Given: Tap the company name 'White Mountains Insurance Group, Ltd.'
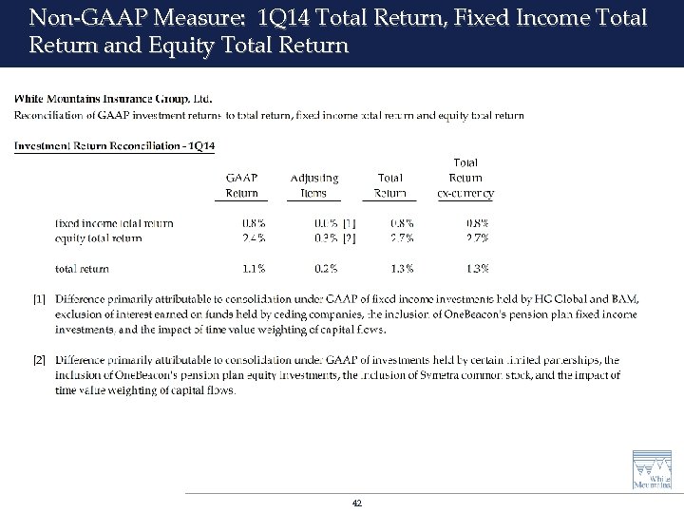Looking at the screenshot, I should [x=114, y=98].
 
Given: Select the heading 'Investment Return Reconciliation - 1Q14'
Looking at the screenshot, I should [x=115, y=145].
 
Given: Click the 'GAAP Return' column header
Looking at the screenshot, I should [x=241, y=185].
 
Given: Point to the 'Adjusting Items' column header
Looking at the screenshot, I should [x=313, y=185].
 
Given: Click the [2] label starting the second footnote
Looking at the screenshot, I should [x=39, y=361].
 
